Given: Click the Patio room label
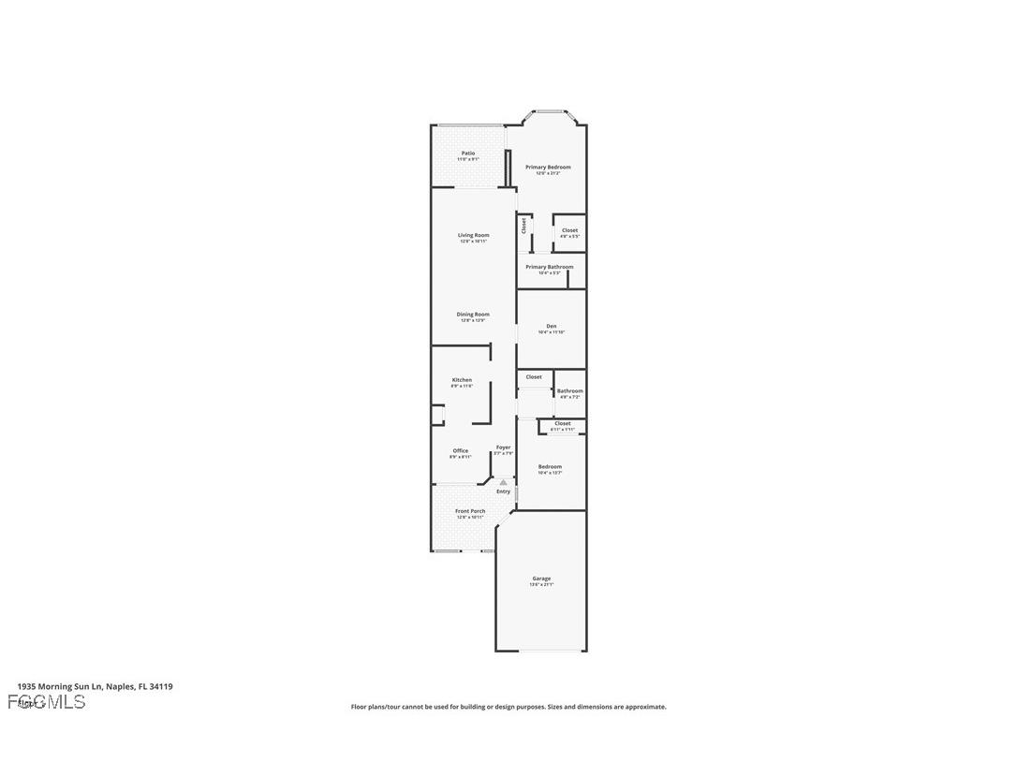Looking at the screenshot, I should tap(468, 154).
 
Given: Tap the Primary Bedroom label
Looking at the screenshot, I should tap(548, 168).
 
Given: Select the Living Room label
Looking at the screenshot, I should tap(474, 236).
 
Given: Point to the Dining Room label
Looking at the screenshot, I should tap(473, 315).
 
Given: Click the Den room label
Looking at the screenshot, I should tap(552, 327).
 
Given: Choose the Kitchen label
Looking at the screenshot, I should tap(462, 380).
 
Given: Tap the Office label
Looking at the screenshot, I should tap(461, 451).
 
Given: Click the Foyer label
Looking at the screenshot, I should tap(504, 448).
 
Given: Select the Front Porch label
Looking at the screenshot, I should tap(470, 511).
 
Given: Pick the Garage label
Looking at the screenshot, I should tap(541, 579).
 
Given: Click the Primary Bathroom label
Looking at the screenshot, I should tap(549, 267).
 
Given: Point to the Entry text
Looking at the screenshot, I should tap(504, 491).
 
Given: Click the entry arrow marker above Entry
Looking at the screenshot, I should tap(504, 482).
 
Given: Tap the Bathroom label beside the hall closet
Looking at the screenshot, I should tap(569, 391).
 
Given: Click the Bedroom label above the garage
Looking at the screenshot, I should tap(550, 467).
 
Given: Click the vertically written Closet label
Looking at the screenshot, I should tap(524, 226).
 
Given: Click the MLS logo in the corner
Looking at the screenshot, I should tap(47, 702).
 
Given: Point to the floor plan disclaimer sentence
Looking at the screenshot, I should tap(508, 707).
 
